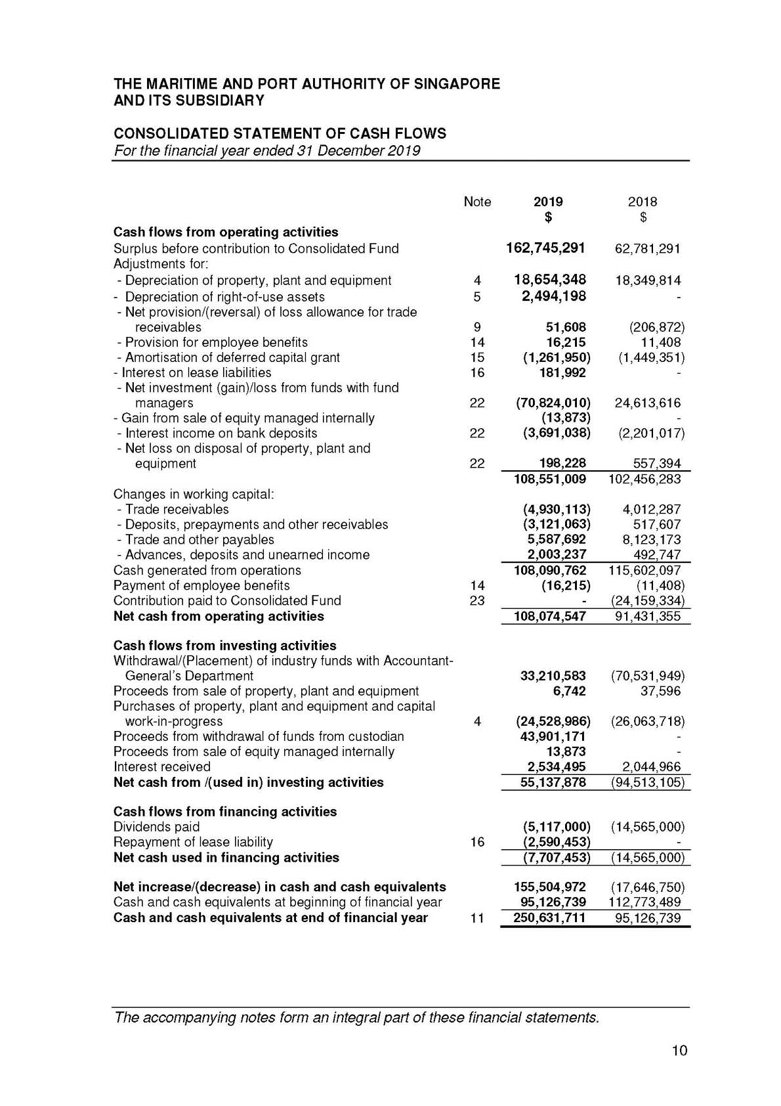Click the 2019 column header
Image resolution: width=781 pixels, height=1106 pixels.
point(547,202)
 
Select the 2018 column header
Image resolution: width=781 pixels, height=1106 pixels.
point(642,202)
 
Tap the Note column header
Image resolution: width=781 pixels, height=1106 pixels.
point(477,202)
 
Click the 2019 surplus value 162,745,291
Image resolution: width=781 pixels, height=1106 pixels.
point(546,248)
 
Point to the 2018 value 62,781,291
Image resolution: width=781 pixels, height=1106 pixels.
point(647,249)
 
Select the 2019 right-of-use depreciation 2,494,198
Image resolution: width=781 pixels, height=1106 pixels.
point(554,296)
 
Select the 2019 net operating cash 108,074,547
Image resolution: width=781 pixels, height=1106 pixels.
point(549,616)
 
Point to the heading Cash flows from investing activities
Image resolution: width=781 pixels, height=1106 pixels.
point(224,646)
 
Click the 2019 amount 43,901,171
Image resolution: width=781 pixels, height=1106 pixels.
point(553,736)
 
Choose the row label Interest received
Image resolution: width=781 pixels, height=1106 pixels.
point(162,766)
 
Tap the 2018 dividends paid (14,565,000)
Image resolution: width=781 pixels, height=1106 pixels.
point(647,827)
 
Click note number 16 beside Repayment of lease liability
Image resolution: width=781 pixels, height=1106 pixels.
point(477,842)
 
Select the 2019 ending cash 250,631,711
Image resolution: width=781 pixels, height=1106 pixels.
point(549,918)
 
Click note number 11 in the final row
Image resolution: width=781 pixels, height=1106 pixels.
point(477,918)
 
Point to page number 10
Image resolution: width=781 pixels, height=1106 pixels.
point(679,1051)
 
